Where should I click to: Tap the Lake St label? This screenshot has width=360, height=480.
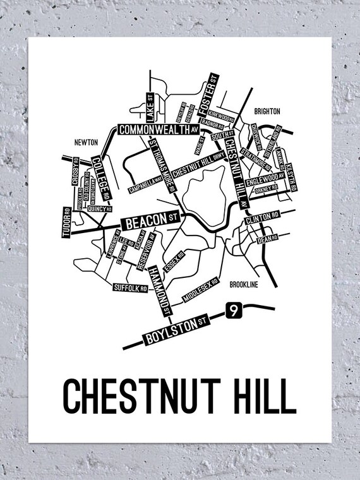coord(150,108)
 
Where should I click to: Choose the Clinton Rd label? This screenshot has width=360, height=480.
coord(261,216)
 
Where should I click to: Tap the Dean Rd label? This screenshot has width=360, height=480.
coord(266,238)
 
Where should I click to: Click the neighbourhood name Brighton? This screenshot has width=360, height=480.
coord(267,111)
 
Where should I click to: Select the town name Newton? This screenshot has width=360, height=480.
coord(85,143)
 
